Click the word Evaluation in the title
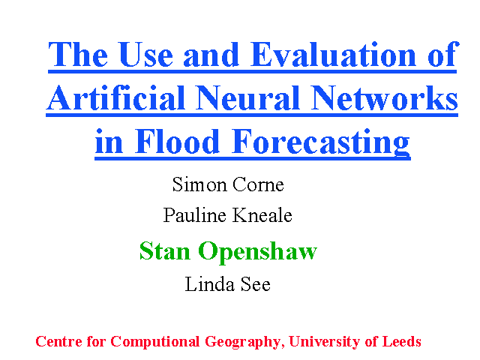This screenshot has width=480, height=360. tap(333, 55)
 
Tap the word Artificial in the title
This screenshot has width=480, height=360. tap(115, 98)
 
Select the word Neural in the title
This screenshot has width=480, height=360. tap(248, 98)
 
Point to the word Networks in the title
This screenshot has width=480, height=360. tap(384, 98)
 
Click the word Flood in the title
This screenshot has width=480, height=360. tap(177, 142)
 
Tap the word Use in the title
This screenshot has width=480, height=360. tap(145, 55)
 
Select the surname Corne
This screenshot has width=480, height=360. tap(258, 184)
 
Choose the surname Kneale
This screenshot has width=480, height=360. tap(262, 215)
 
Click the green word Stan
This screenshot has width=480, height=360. tap(165, 251)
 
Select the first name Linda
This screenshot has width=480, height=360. tap(210, 284)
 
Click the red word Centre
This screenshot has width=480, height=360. tap(58, 342)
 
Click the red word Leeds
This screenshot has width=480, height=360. tap(402, 342)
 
